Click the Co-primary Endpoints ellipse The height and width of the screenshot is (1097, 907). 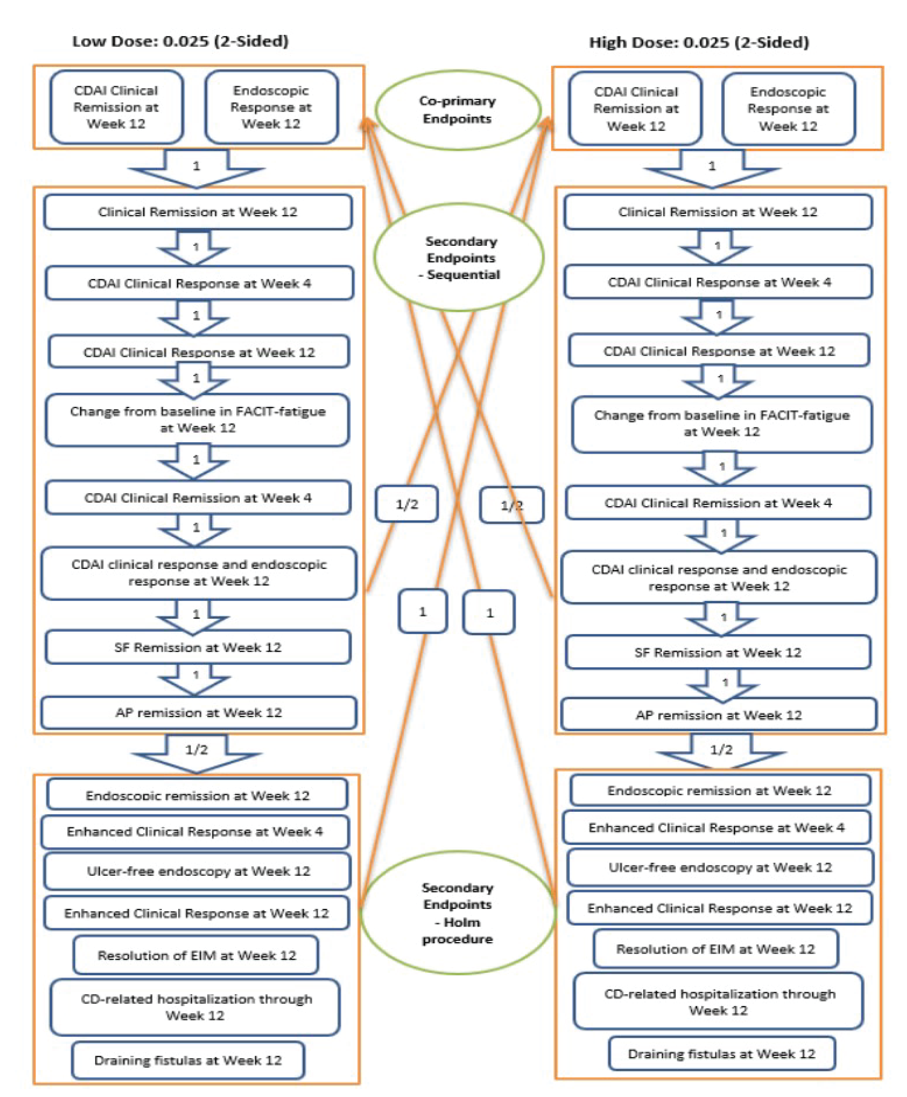tap(458, 110)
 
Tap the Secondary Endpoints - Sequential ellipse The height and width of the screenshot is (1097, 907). tap(459, 257)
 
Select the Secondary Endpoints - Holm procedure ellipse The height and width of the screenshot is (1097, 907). tap(458, 913)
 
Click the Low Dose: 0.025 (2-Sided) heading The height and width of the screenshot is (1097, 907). tap(180, 41)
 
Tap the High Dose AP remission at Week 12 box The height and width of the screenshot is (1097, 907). tap(718, 715)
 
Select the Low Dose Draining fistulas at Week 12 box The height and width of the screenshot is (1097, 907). tap(188, 1060)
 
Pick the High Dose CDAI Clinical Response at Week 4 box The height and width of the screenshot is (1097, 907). tap(718, 282)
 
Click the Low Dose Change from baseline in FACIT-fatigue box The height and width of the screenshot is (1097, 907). tap(197, 420)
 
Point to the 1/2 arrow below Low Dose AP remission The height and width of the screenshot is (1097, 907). tap(197, 752)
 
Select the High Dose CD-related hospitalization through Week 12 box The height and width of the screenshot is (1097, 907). tap(718, 1001)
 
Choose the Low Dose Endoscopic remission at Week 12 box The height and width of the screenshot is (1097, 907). tap(197, 795)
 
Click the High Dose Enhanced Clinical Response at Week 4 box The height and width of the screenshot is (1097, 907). tap(716, 827)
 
